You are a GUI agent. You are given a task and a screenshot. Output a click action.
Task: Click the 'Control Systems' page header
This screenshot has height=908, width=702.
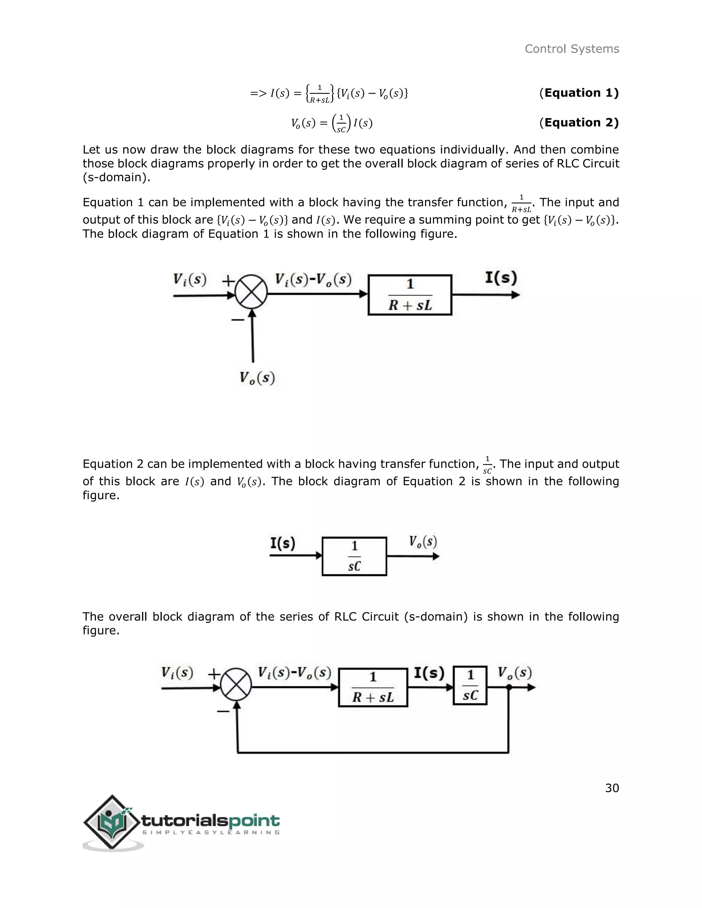(x=571, y=49)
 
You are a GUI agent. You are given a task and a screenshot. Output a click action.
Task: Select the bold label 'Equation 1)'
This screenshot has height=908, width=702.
(x=581, y=93)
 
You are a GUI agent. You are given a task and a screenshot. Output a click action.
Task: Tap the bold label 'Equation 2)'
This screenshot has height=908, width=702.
(x=581, y=123)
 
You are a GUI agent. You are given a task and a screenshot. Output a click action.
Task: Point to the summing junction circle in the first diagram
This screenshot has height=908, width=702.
(x=251, y=292)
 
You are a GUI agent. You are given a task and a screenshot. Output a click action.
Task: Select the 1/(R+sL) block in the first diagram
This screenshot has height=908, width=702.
(x=410, y=295)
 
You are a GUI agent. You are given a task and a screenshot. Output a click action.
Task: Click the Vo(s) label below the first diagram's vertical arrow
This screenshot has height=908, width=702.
(x=257, y=378)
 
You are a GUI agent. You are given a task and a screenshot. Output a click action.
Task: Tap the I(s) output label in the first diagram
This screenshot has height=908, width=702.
(x=501, y=278)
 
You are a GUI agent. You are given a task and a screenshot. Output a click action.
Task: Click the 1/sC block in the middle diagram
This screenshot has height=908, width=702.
(x=354, y=556)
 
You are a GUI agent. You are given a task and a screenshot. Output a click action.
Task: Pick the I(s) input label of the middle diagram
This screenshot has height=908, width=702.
(x=283, y=543)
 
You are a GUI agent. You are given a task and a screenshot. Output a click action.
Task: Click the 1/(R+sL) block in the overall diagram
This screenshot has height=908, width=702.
(x=373, y=687)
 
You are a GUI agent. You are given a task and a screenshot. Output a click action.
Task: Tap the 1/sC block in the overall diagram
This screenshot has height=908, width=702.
(x=470, y=686)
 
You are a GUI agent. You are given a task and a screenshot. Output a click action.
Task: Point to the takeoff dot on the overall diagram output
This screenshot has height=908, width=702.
(x=509, y=687)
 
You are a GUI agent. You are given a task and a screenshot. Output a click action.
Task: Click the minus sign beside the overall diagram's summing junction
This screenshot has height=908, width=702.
(x=223, y=711)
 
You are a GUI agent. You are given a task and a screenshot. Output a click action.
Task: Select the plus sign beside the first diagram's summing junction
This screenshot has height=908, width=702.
(x=228, y=281)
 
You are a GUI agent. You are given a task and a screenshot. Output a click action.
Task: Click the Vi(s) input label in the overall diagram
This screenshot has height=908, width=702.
(x=177, y=673)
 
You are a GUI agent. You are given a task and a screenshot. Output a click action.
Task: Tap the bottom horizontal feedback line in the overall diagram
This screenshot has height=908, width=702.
(x=373, y=752)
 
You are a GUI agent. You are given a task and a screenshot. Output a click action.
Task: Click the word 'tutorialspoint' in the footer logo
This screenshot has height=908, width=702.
(x=210, y=821)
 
